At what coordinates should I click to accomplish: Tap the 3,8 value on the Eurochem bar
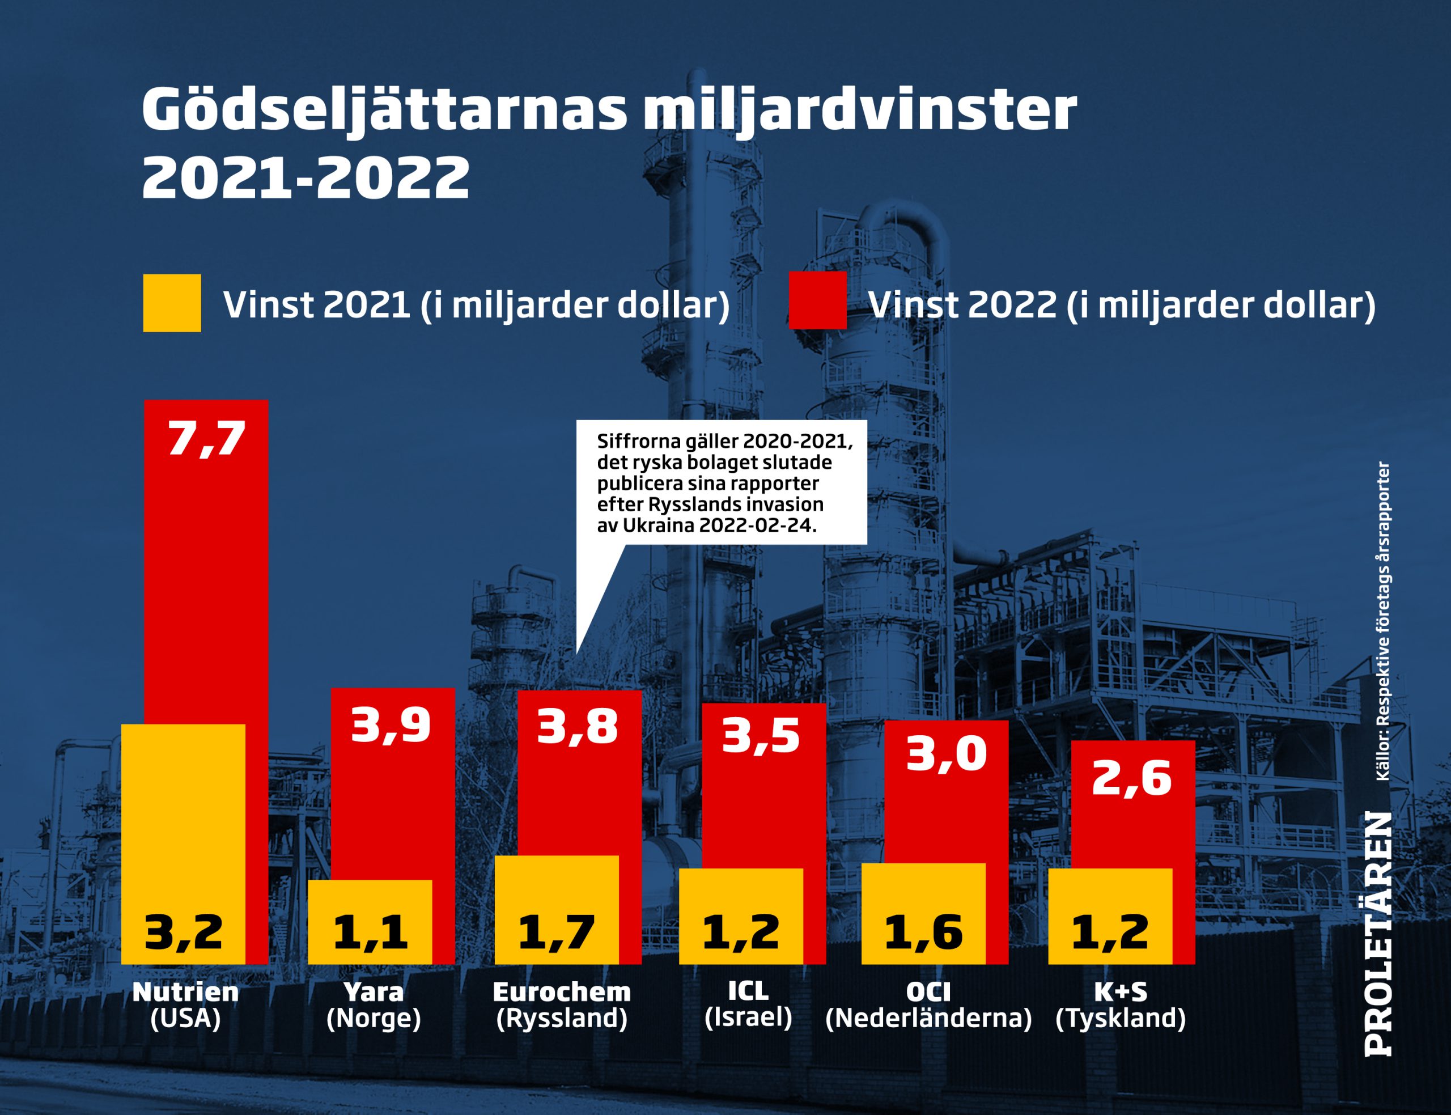click(x=577, y=726)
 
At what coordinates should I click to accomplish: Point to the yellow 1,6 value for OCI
click(x=923, y=932)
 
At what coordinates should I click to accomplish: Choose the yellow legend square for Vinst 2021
click(x=172, y=303)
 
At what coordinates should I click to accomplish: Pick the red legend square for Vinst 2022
click(x=817, y=300)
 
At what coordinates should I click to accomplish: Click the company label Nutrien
click(x=185, y=992)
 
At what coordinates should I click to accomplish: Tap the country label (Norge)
click(x=374, y=1018)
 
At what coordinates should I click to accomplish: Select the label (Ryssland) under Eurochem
click(x=562, y=1018)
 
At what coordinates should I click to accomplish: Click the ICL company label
click(x=748, y=991)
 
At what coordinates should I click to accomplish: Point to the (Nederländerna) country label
click(x=928, y=1018)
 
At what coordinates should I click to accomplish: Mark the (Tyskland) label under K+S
click(x=1121, y=1018)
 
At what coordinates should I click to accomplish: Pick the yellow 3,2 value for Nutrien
click(x=183, y=932)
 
